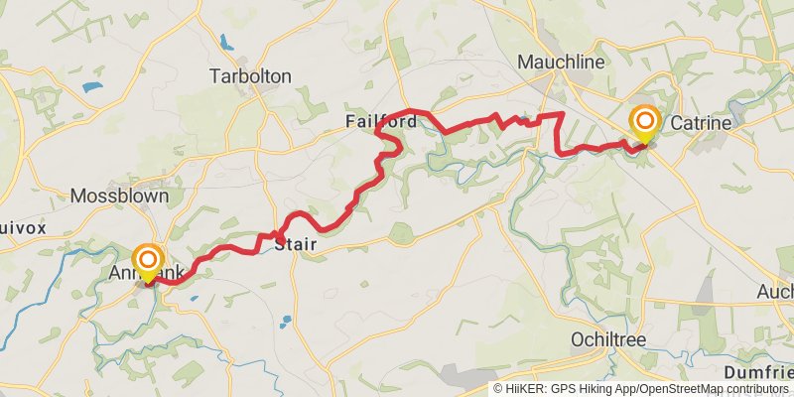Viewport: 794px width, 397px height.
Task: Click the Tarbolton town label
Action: [250, 76]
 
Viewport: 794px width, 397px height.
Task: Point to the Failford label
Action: [380, 121]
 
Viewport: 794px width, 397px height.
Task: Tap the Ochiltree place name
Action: [608, 339]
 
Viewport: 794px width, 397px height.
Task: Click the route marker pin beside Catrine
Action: [645, 123]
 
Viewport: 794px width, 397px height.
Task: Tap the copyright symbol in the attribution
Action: [499, 389]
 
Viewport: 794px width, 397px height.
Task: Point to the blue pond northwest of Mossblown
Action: [91, 87]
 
